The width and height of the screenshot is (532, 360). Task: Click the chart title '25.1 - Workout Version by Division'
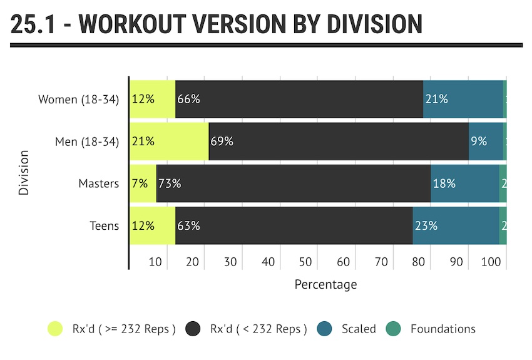click(217, 24)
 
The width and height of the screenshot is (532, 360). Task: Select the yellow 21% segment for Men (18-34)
click(169, 141)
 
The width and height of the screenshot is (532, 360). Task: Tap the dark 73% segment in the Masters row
click(293, 183)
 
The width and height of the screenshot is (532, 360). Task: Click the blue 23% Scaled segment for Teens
click(456, 225)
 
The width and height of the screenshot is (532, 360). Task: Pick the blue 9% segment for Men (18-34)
click(486, 141)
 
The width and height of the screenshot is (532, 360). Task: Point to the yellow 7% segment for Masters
click(143, 183)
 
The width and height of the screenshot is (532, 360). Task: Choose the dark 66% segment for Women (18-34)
click(299, 99)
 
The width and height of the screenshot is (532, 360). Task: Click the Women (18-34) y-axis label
click(78, 100)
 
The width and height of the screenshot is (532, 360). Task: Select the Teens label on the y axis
click(104, 226)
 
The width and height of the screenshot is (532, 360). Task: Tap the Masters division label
click(98, 184)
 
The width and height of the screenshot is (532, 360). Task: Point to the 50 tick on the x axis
click(305, 262)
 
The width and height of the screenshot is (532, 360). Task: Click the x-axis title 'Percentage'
click(325, 285)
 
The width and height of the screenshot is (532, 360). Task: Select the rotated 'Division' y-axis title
click(24, 172)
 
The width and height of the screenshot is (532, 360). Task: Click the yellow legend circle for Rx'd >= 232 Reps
click(56, 329)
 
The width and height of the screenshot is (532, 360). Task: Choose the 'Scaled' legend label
click(359, 329)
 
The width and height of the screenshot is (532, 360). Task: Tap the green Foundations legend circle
click(392, 329)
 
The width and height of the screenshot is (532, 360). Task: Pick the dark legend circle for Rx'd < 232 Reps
click(193, 329)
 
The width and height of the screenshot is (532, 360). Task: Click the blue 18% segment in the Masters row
click(464, 183)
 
